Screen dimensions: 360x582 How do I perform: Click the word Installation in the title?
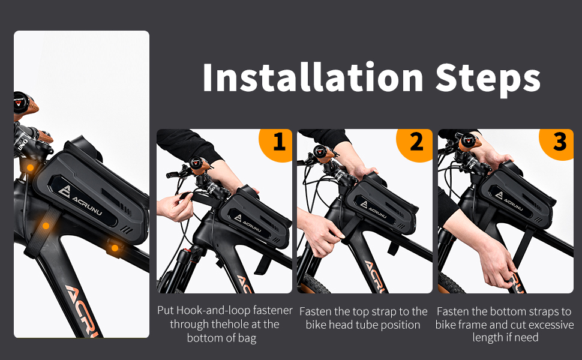313,77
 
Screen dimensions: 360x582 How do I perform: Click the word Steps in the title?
488,77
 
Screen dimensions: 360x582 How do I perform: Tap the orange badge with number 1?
278,143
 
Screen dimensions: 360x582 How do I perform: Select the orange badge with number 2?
416,143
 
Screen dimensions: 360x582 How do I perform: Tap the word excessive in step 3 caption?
548,325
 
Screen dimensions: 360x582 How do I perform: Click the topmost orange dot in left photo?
30,167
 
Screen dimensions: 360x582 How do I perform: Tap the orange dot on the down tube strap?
46,226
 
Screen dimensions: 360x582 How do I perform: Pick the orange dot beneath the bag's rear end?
115,248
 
